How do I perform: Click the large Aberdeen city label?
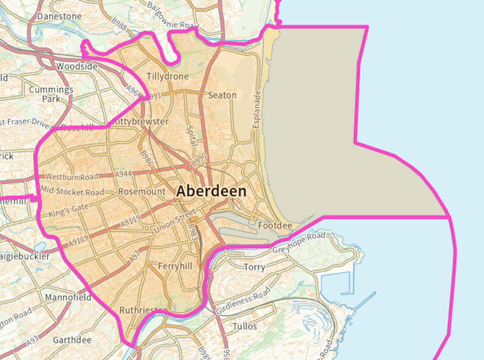coord(211,191)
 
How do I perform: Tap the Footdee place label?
coord(275,226)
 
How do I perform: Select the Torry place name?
coord(254,267)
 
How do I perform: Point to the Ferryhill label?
coord(175,266)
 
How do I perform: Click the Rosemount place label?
coord(142,192)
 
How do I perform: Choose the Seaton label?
coord(222,95)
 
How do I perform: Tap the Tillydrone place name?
coord(167,77)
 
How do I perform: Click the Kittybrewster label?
coord(140,122)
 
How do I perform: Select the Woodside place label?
coord(77,67)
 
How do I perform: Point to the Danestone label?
coord(60,16)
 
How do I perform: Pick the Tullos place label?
coord(245,326)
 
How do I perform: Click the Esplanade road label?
coord(257,110)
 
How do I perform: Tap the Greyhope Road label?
coord(299,242)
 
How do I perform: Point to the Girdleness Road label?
coord(244,300)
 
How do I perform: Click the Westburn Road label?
coord(72,177)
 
